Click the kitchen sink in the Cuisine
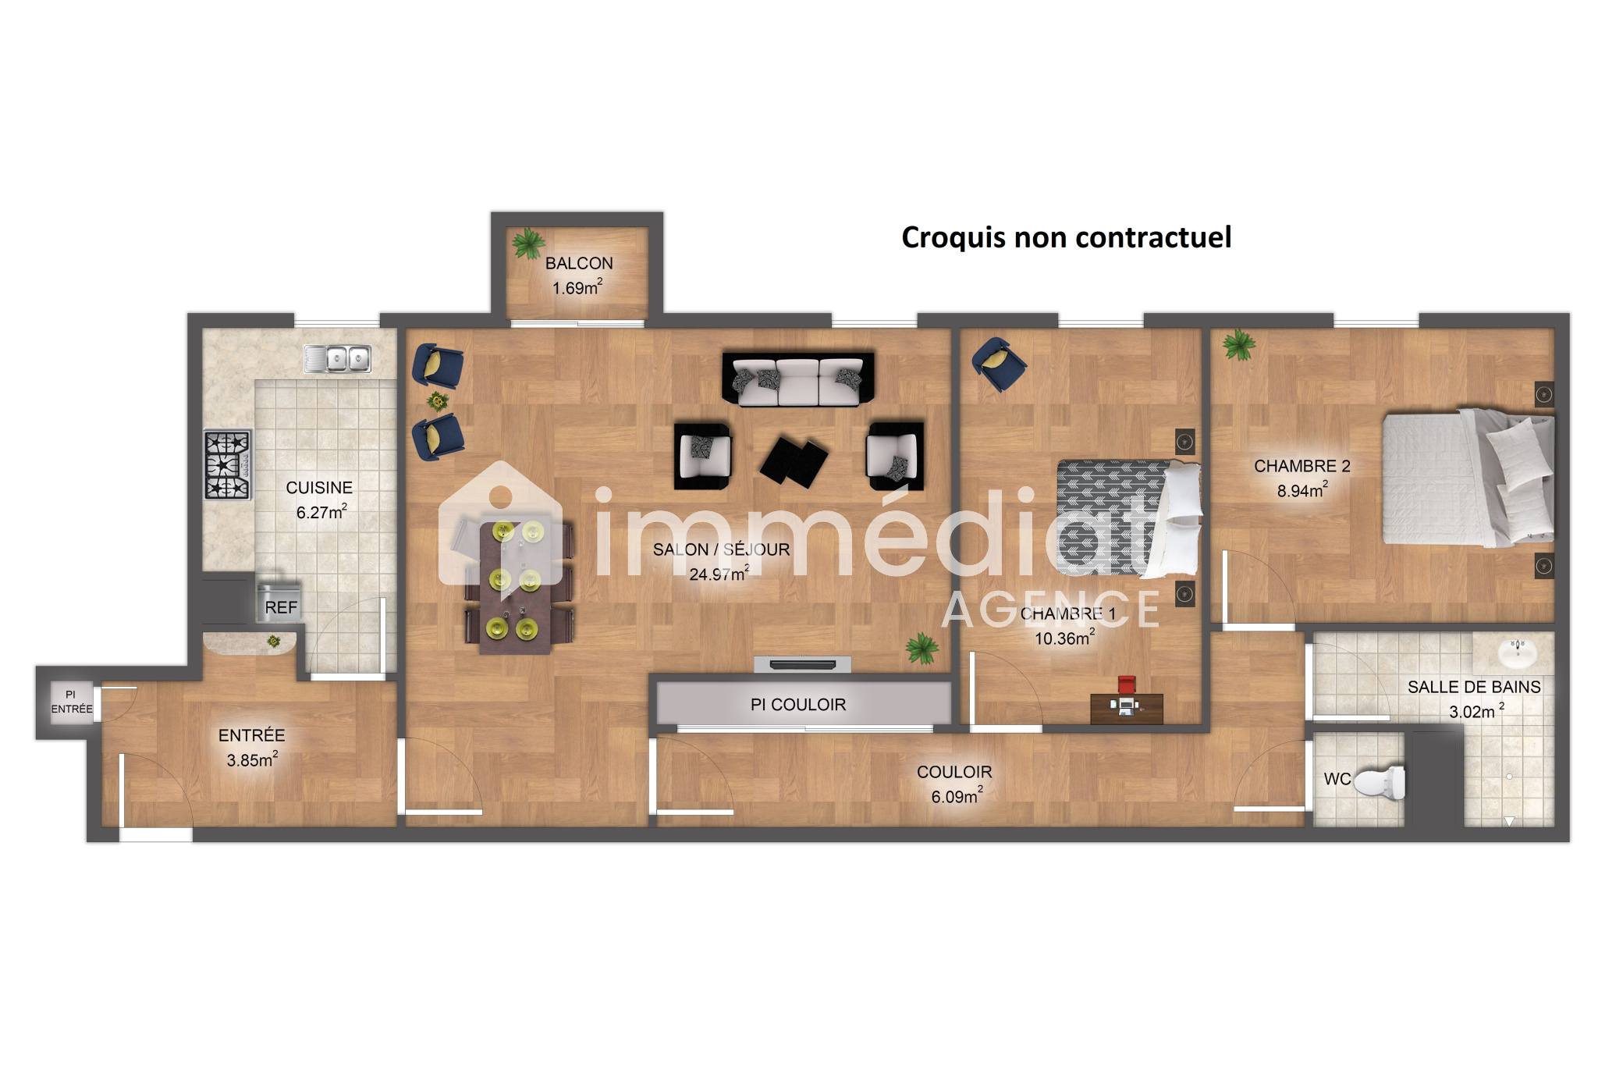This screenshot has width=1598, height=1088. tap(337, 358)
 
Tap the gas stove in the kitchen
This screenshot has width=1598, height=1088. tap(228, 464)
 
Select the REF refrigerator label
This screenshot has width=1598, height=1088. tap(281, 607)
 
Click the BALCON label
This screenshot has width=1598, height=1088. tap(579, 264)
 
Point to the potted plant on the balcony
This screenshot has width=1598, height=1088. tap(528, 243)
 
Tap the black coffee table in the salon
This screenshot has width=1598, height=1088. tap(794, 460)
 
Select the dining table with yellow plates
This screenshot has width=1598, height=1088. tap(516, 585)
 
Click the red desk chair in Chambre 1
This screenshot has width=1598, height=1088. tap(1126, 684)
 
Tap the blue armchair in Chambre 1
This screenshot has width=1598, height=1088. tap(998, 363)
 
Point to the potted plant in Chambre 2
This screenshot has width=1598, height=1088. tap(1239, 344)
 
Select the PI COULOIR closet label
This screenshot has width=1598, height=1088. tap(798, 705)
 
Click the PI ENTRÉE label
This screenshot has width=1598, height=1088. tap(72, 702)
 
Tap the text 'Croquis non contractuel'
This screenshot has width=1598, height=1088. tap(1067, 237)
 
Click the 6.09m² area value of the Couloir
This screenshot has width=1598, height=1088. tap(957, 796)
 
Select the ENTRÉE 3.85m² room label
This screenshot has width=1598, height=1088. tap(252, 747)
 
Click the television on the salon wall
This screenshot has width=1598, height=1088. tap(802, 665)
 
